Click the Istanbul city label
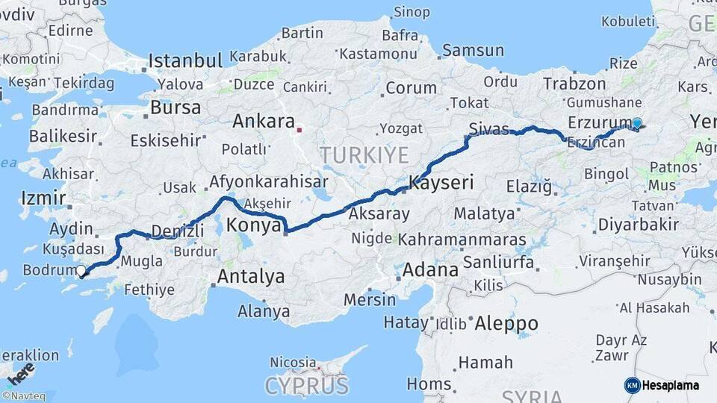[185, 60]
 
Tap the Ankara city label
[263, 121]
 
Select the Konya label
[254, 225]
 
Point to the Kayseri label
[441, 181]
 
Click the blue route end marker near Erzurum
[636, 124]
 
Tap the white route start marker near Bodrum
[81, 270]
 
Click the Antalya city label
[250, 276]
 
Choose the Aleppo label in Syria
[506, 323]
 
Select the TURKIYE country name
[364, 155]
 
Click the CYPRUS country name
[306, 386]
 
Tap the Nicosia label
[293, 362]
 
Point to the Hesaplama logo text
[671, 385]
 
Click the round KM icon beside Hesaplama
[632, 385]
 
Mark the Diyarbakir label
[639, 224]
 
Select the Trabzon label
[574, 84]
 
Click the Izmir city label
[38, 198]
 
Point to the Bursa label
[176, 107]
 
